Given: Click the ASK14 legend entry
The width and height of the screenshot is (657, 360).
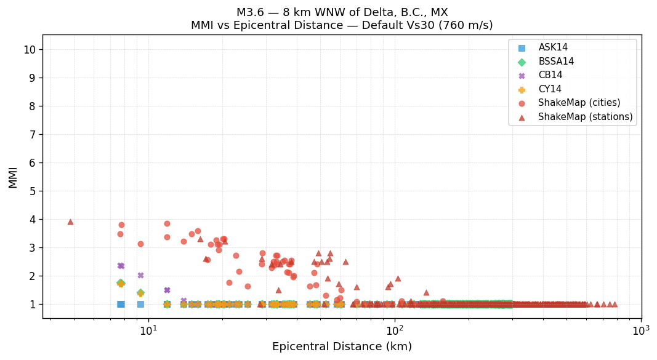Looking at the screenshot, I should click(553, 48).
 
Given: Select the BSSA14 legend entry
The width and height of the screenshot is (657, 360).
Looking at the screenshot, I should click(556, 62).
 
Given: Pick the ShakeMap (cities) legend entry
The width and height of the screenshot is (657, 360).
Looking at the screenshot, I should click(579, 103).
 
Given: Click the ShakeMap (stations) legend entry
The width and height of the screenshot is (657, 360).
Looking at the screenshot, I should click(585, 117).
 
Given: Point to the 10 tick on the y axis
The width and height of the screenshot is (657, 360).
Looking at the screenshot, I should click(30, 50).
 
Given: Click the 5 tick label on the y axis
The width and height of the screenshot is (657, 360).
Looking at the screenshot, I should click(33, 191).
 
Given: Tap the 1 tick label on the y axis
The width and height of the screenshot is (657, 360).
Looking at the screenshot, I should click(33, 305).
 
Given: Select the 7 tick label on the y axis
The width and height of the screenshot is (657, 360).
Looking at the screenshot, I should click(33, 135).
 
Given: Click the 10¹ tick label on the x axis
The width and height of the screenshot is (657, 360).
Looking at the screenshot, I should click(148, 330).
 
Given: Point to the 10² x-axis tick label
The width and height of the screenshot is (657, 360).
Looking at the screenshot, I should click(395, 330).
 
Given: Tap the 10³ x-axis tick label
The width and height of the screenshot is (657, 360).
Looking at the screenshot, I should click(640, 330).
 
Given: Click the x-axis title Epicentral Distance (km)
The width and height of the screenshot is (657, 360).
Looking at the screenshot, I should click(342, 347).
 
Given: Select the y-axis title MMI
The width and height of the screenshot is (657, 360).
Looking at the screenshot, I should click(13, 177).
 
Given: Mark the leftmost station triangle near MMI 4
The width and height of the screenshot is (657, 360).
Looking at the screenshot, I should click(70, 222).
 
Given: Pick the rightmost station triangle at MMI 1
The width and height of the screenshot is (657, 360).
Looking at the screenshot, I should click(614, 304).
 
